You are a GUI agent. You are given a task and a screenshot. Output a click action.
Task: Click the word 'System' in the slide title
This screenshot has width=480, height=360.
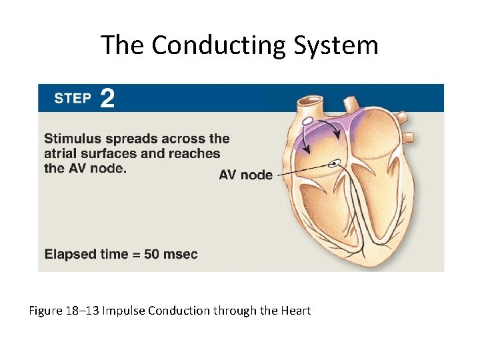346,45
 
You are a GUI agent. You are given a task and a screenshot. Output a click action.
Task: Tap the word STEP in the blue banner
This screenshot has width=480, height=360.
72,99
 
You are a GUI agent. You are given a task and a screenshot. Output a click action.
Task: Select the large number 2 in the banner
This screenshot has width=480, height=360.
107,99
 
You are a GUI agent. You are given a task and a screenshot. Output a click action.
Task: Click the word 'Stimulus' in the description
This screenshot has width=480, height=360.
73,139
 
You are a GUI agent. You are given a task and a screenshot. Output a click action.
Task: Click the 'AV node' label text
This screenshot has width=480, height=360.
245,175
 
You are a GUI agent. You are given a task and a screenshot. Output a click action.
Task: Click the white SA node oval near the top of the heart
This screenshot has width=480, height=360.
308,122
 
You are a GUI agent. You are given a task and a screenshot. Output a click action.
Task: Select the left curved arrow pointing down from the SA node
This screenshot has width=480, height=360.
302,139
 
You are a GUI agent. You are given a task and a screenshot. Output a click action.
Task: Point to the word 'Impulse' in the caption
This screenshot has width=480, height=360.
125,311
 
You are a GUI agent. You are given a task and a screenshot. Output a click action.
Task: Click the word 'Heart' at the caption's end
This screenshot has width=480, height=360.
295,311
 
